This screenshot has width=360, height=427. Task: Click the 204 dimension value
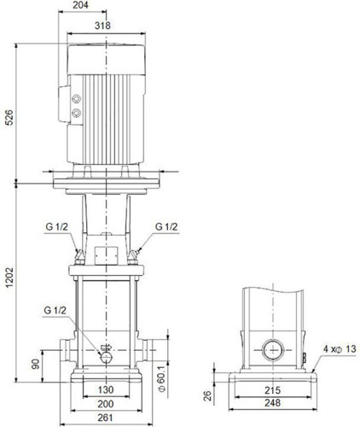click(80, 5)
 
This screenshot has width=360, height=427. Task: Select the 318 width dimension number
click(102, 26)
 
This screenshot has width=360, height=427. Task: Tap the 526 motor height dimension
click(9, 117)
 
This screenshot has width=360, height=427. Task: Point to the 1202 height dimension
click(9, 278)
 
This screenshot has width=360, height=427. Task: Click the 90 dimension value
click(36, 364)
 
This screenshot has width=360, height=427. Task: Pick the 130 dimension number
click(106, 389)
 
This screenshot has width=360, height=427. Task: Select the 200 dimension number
click(106, 404)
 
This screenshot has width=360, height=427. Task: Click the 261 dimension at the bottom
click(106, 418)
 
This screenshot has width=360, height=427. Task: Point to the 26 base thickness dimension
click(208, 395)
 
